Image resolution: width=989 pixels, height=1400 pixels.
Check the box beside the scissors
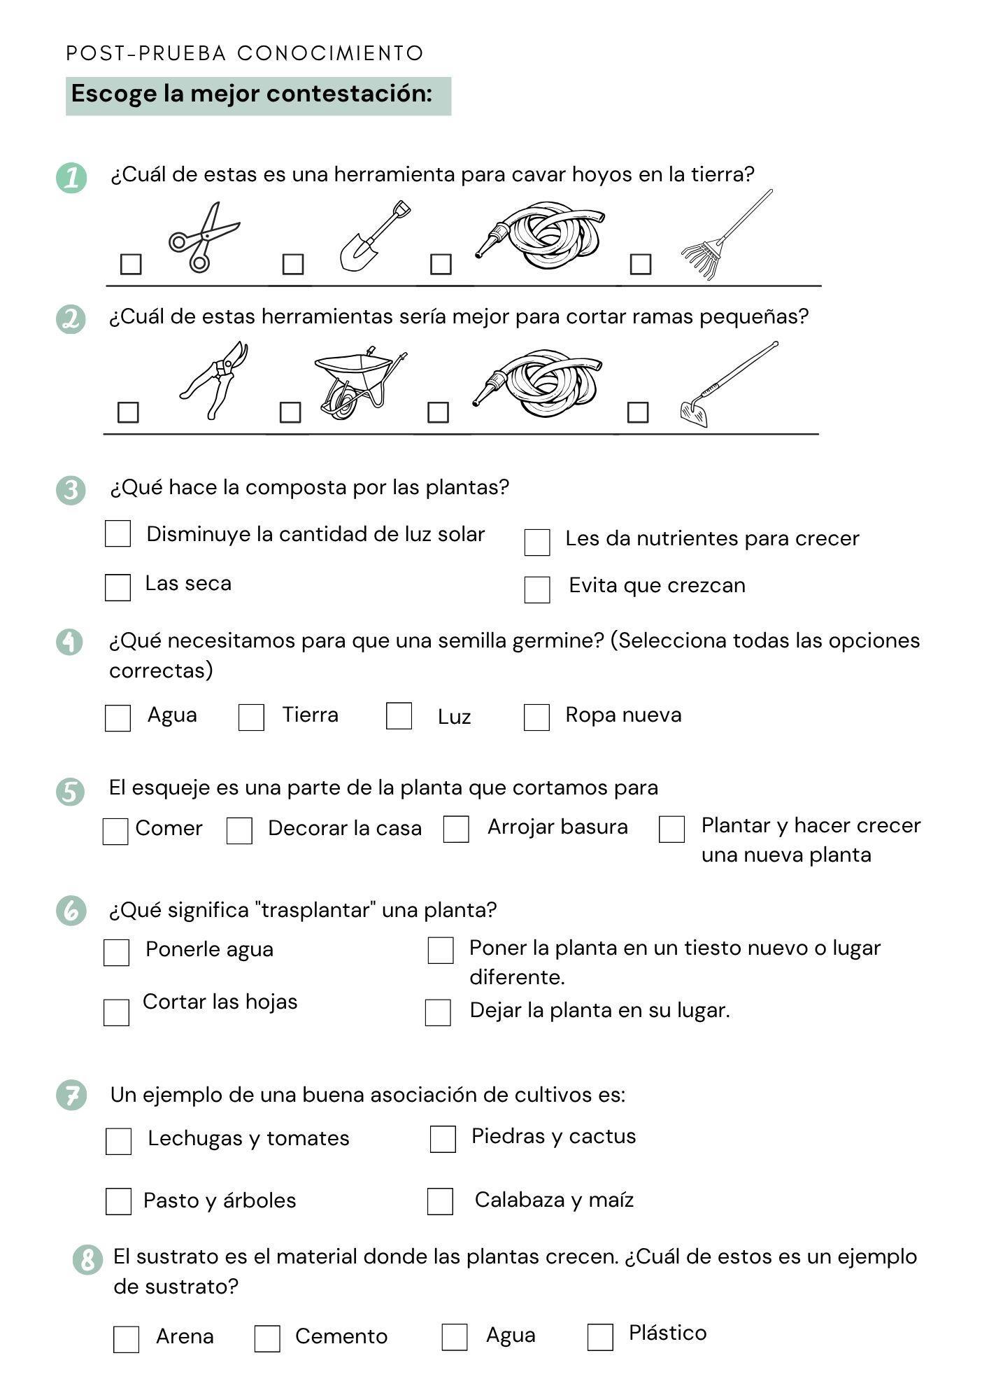click(131, 264)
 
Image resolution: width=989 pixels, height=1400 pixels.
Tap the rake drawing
click(725, 237)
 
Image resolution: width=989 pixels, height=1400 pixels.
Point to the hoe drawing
click(727, 385)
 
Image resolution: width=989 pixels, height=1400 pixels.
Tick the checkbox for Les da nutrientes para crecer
click(536, 542)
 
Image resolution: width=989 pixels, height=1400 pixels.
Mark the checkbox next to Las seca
click(118, 587)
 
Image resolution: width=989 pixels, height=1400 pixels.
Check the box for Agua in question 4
click(118, 717)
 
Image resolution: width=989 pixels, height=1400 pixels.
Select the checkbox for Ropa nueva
click(536, 717)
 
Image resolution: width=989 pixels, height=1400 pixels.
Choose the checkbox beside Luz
click(399, 715)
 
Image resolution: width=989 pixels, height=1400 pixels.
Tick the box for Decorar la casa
click(239, 831)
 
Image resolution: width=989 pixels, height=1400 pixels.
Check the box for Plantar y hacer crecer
click(671, 829)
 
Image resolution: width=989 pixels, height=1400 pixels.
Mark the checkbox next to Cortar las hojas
click(116, 1012)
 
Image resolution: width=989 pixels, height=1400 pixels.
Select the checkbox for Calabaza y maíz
click(440, 1201)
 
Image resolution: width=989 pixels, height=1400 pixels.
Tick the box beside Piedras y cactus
click(443, 1139)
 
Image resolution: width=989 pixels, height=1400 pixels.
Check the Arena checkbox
click(126, 1340)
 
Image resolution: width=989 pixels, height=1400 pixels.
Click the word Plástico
click(667, 1333)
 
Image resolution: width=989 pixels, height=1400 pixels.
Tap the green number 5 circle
click(70, 792)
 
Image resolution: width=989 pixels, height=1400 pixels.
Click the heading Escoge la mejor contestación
click(252, 94)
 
